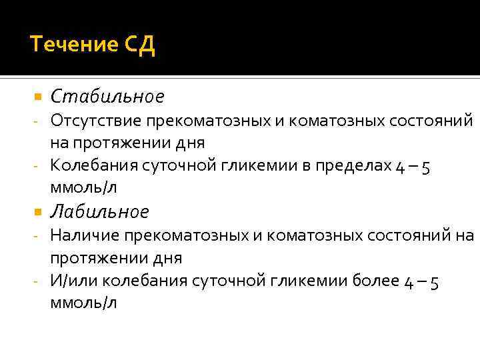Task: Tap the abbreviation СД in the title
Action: (139, 45)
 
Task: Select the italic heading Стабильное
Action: (107, 97)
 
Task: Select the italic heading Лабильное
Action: (100, 212)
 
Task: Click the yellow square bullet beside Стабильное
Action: (37, 97)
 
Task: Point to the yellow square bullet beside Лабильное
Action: (37, 212)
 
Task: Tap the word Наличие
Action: (83, 235)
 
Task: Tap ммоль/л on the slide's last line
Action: (83, 303)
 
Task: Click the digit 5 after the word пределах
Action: (425, 167)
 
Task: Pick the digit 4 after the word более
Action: (409, 282)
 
